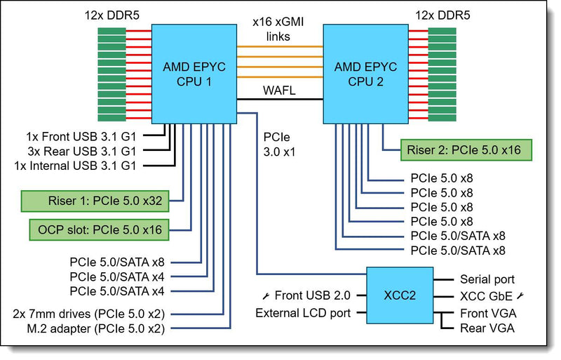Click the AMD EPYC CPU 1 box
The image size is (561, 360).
click(x=194, y=74)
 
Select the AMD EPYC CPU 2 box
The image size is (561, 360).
click(x=365, y=74)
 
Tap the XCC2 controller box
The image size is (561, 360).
click(x=400, y=295)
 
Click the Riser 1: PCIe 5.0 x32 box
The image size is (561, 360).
click(x=95, y=201)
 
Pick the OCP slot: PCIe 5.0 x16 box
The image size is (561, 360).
click(x=99, y=229)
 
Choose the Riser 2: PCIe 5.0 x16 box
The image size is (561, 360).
click(x=466, y=149)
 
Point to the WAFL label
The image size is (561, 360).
click(x=279, y=91)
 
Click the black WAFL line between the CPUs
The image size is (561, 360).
click(x=280, y=99)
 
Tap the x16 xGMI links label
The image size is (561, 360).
click(x=278, y=29)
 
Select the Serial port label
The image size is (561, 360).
click(x=487, y=279)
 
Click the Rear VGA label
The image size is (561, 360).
click(x=487, y=328)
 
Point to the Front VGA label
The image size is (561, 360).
click(x=488, y=314)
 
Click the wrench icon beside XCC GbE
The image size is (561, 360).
click(x=520, y=296)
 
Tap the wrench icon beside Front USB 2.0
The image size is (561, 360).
click(x=266, y=296)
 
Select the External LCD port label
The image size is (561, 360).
click(x=303, y=313)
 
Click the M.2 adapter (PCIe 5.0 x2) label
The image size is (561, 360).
click(x=96, y=329)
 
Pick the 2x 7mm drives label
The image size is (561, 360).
click(x=89, y=314)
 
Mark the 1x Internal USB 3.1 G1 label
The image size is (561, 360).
click(x=75, y=166)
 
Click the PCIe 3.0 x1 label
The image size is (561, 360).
click(x=279, y=145)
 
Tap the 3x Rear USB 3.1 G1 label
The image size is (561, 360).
click(x=82, y=151)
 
